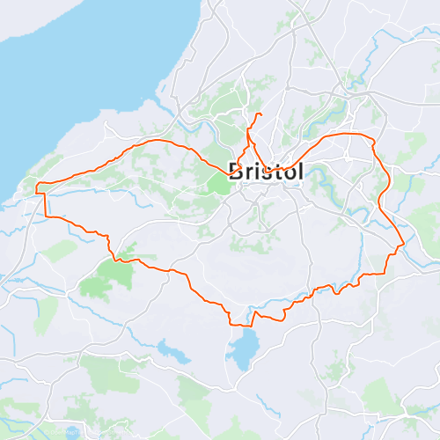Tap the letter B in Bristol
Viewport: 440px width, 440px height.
(236, 172)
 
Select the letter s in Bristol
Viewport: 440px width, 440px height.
(262, 172)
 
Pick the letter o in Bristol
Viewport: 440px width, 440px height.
(287, 173)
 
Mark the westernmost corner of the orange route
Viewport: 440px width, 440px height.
(36, 187)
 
